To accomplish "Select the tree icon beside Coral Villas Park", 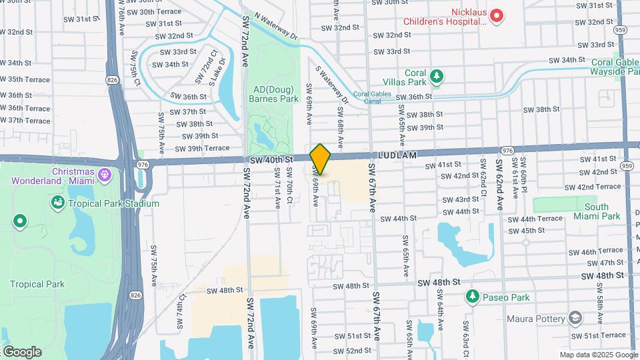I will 437,76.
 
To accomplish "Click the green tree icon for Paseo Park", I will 473,295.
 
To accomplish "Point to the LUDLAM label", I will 398,155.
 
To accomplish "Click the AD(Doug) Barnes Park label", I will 275,94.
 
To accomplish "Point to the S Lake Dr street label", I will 217,71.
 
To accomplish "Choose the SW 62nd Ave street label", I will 498,185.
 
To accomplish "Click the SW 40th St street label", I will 272,160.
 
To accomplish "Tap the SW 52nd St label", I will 352,351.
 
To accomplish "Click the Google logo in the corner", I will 21,351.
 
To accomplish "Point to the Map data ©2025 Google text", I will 598,355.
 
